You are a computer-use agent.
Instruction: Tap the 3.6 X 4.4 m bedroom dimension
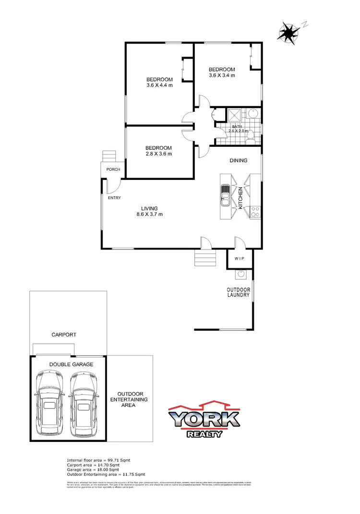(x=159, y=85)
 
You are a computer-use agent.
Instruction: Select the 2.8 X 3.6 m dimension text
(x=159, y=154)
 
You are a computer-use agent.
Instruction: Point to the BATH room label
(x=238, y=126)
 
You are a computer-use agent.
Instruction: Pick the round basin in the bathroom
(x=253, y=114)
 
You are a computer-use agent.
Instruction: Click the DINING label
(x=238, y=160)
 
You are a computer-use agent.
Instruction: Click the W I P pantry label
(x=240, y=259)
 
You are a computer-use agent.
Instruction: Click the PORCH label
(x=113, y=169)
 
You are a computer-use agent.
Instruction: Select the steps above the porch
(x=109, y=156)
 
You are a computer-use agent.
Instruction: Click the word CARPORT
(x=64, y=335)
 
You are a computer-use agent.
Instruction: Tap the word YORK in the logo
(x=204, y=419)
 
